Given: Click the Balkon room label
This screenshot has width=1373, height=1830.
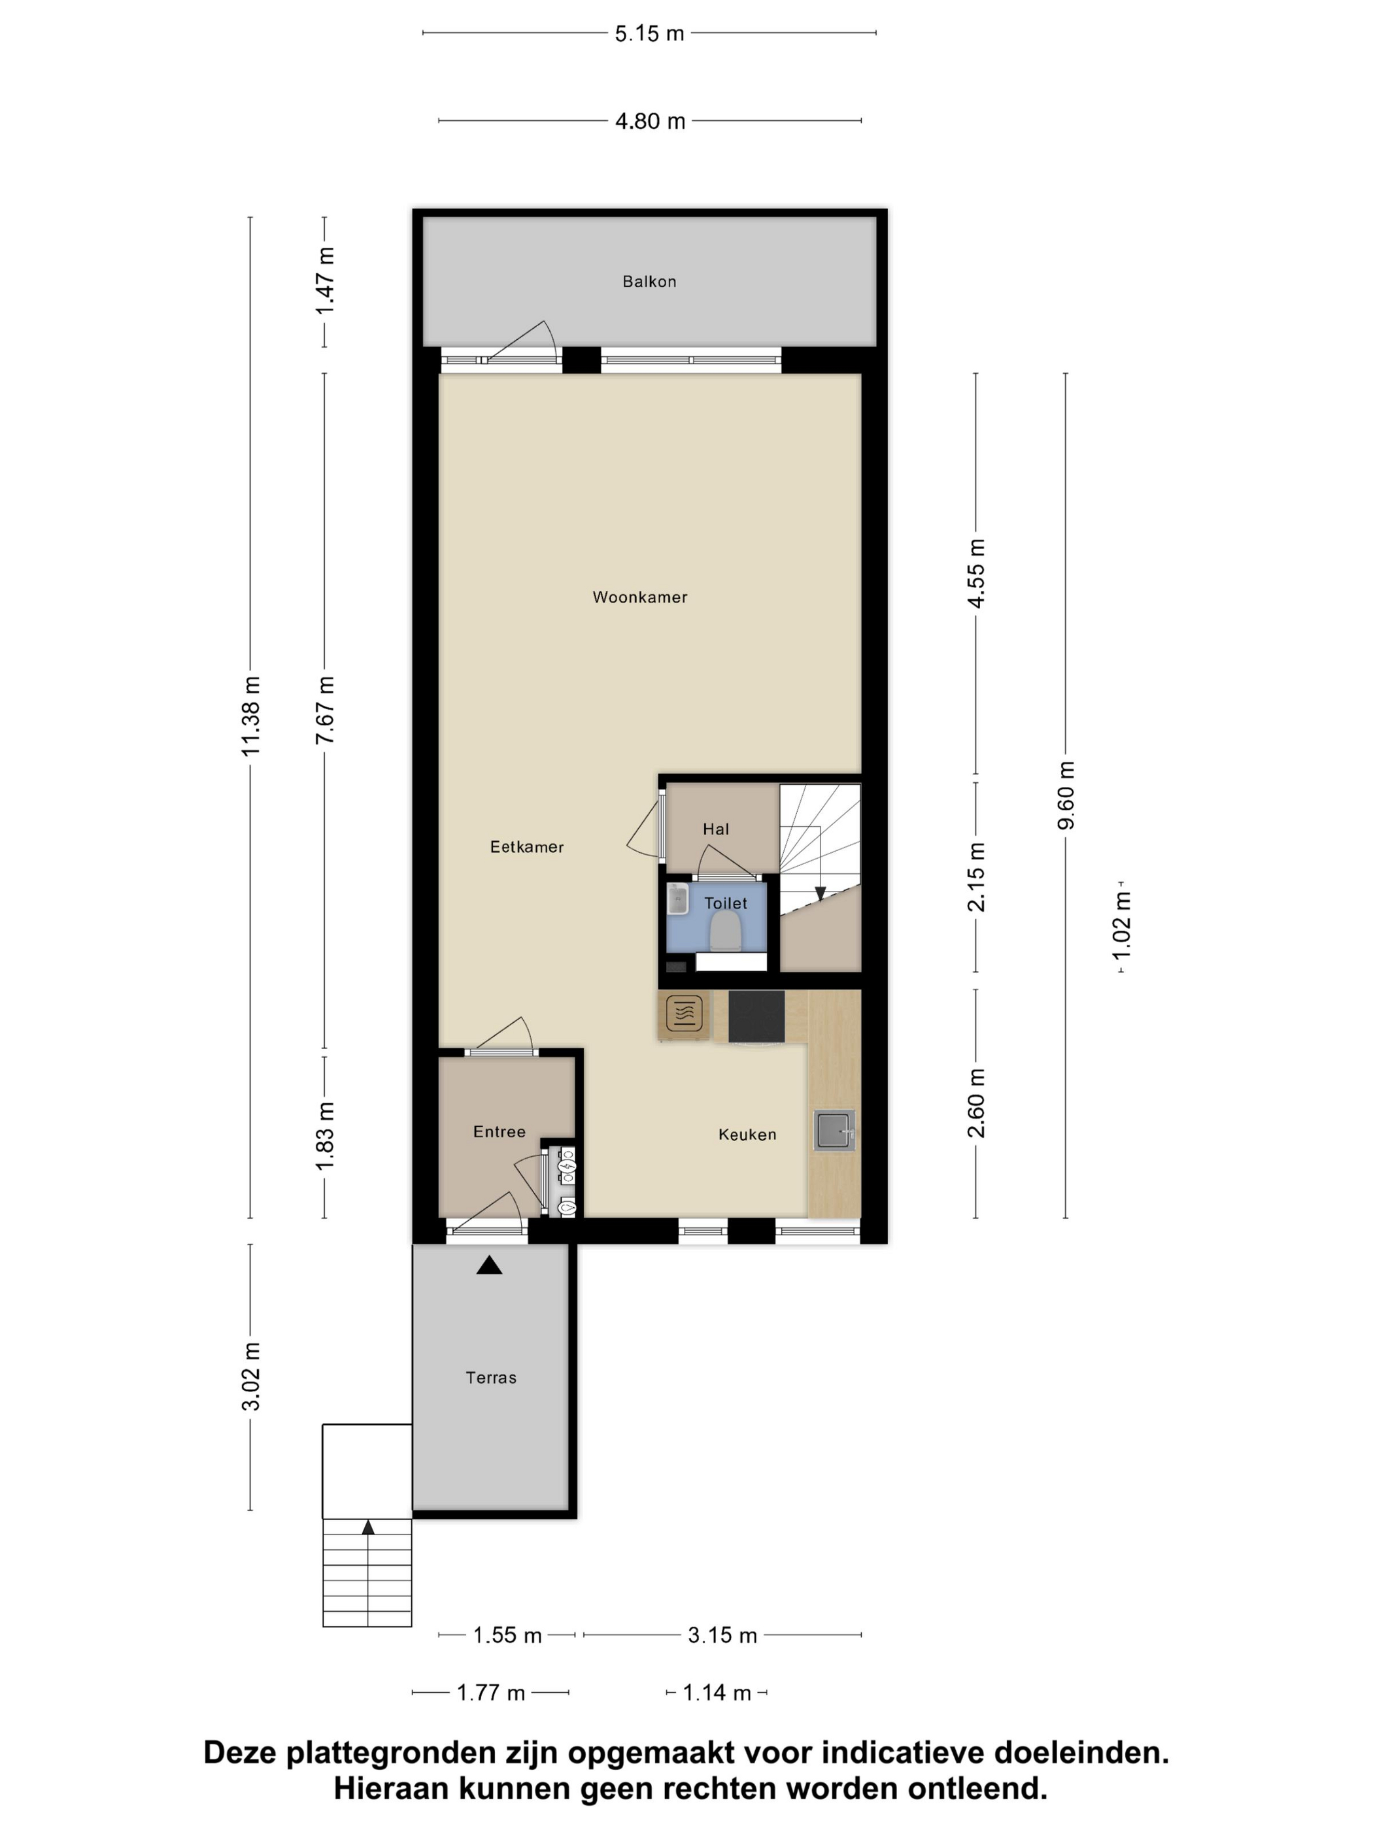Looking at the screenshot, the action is pos(649,281).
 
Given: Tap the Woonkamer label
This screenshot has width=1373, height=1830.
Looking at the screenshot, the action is pos(639,597).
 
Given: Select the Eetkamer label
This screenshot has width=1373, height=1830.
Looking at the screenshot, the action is pos(526,846).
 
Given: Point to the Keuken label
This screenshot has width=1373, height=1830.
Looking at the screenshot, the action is pos(747,1134).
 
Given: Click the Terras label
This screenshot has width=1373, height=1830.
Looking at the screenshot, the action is pos(491,1378).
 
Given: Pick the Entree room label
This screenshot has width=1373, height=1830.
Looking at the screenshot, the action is pos(499,1132).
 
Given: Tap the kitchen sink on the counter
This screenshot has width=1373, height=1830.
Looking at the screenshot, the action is pos(834,1130).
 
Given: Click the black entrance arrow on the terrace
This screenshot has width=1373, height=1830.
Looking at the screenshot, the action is pos(489,1265).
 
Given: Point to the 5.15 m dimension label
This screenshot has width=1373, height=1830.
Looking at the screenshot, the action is pos(650,34).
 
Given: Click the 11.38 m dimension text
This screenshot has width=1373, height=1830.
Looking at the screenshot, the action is pos(251,716).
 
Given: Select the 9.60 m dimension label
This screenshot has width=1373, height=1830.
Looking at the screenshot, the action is pos(1066,795).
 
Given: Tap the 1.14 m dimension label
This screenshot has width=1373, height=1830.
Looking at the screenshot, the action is pos(717,1693).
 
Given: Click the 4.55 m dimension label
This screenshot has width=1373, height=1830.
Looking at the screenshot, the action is pos(977,573).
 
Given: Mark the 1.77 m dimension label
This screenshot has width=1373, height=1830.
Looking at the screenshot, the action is pos(491,1693).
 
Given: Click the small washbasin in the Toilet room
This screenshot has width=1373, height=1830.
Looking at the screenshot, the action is pos(679,899).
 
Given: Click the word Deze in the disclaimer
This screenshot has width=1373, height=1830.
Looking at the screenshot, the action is pos(240,1753).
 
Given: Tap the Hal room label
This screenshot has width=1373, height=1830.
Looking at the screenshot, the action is pos(716,829).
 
